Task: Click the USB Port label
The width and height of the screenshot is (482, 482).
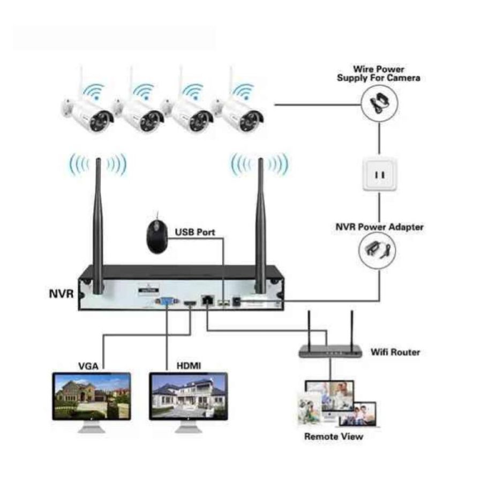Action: (x=195, y=232)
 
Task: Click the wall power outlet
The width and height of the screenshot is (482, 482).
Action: (x=380, y=175)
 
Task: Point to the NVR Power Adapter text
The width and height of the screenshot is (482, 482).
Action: (x=379, y=227)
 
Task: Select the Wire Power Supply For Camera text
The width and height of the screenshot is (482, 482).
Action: (x=378, y=73)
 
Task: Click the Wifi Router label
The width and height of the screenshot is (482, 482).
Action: (x=395, y=352)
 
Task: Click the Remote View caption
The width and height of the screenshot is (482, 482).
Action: (x=333, y=436)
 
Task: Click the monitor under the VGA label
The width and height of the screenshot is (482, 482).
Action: (x=92, y=397)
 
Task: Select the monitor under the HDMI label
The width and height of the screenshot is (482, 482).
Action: (x=189, y=397)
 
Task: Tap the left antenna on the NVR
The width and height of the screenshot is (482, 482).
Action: (x=98, y=225)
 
